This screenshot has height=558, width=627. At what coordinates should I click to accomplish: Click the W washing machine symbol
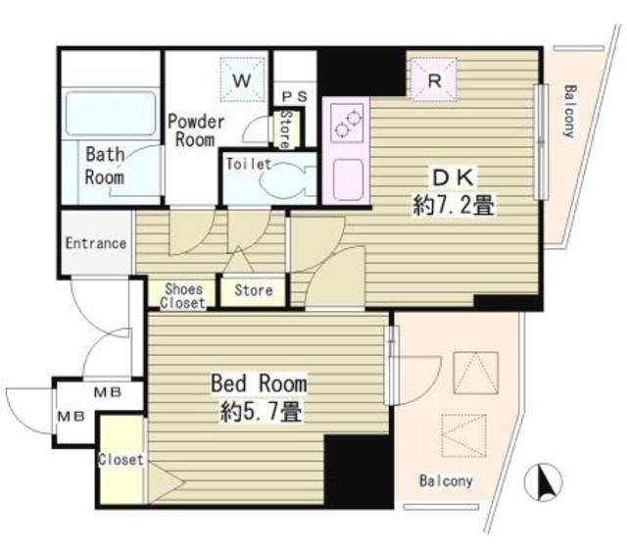point(242,79)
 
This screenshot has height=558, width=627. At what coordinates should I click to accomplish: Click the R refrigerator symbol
point(434,79)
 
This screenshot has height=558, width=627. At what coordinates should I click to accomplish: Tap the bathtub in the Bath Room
point(111,114)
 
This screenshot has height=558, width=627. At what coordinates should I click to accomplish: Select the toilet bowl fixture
point(285,180)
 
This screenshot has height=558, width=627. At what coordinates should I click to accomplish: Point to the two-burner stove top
point(348,124)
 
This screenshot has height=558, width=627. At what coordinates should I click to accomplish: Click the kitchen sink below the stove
point(348,178)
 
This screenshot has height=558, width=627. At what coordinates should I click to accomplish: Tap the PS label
point(295,96)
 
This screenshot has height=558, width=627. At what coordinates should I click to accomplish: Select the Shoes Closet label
point(183,296)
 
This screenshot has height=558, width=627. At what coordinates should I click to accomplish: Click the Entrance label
point(96,243)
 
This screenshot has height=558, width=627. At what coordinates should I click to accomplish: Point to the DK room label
point(454,178)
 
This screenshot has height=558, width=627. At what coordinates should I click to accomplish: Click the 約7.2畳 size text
point(454,205)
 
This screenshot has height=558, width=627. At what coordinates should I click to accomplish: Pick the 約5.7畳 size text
point(261,411)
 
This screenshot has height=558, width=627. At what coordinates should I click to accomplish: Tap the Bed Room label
point(259,383)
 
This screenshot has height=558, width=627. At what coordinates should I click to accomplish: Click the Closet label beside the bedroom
point(121,460)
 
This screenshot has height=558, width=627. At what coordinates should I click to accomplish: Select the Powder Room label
point(196,130)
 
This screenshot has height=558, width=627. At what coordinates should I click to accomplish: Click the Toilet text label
point(249,164)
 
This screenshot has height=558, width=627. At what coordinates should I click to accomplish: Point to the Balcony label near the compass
point(446,481)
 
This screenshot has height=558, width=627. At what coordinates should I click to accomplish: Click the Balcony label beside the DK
point(569,111)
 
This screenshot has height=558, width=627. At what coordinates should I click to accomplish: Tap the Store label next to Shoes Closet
point(254,290)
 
